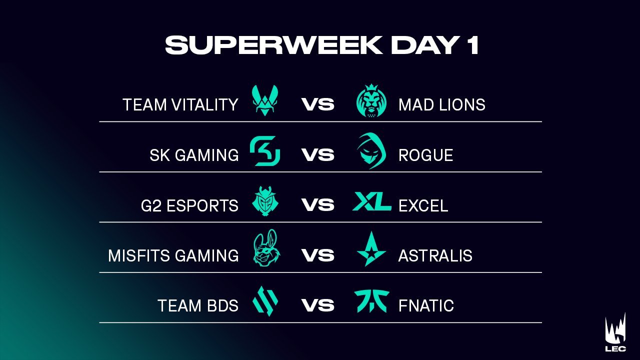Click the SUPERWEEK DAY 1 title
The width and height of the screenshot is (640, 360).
322,45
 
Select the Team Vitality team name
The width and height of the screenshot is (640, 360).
180,105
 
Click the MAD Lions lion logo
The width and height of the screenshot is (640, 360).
371,101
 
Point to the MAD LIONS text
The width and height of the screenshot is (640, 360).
441,105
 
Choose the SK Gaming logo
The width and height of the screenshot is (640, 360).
265,151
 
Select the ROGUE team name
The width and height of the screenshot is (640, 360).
425,155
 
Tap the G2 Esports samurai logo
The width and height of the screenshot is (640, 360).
265,201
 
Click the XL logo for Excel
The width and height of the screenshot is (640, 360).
371,201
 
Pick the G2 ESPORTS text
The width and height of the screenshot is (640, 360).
189,205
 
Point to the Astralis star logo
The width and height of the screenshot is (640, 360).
371,249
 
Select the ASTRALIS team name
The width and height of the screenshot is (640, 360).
435,256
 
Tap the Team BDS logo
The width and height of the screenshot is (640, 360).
265,301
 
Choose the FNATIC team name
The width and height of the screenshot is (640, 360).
426,306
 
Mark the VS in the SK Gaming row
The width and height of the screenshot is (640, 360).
318,155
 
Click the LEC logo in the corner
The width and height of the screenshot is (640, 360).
615,335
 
